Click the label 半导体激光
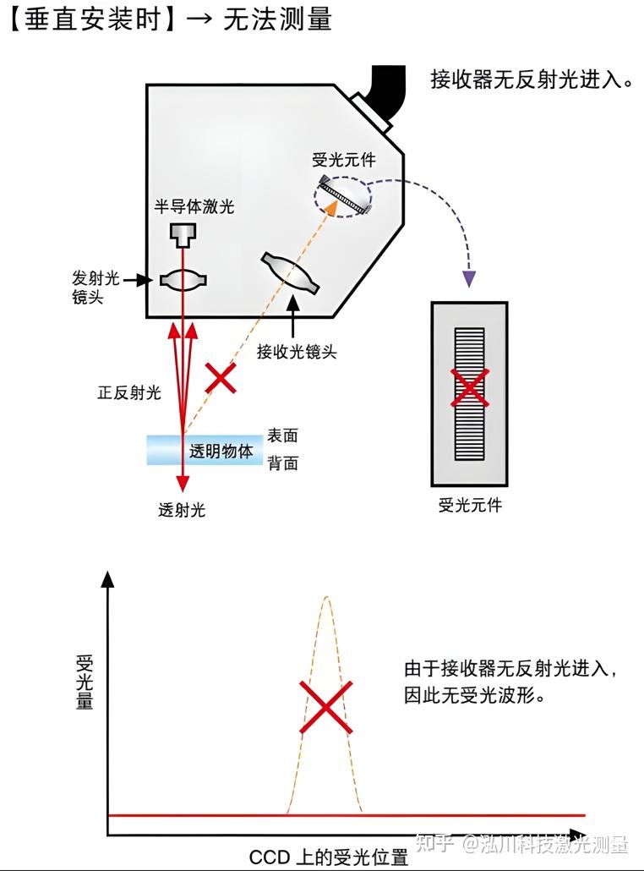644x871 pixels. coord(194,206)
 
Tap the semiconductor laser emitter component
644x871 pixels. coord(182,233)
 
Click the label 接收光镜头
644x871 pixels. coord(297,352)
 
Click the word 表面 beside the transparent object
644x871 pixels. coord(282,435)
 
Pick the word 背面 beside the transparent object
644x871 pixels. coord(282,463)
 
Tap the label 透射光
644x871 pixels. coord(182,510)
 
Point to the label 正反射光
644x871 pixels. coord(128,393)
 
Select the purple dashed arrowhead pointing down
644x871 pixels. coord(469,278)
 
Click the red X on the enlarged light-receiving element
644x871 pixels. coord(469,387)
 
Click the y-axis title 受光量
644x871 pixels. coord(85,682)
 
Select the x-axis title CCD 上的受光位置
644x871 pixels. coord(329,857)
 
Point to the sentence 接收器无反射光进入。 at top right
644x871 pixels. coord(532,81)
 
